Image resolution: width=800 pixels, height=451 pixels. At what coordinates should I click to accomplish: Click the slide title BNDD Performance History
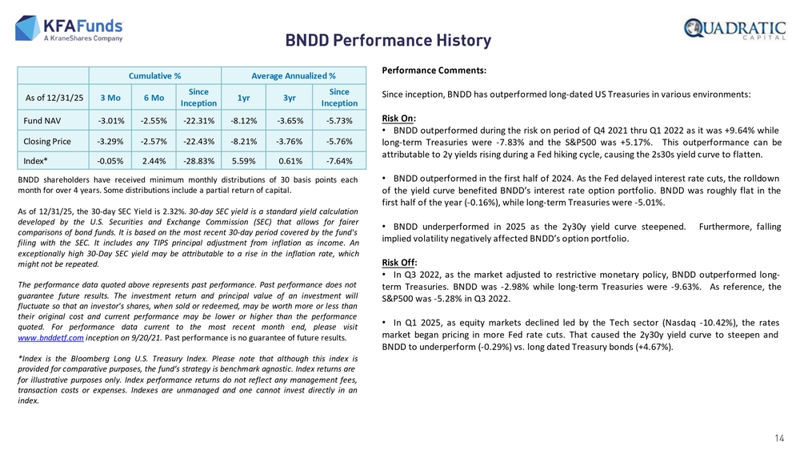[x=389, y=40]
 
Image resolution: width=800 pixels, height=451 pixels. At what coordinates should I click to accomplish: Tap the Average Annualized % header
[x=294, y=75]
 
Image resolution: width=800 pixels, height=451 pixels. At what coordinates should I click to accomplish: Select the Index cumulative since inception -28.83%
[x=198, y=160]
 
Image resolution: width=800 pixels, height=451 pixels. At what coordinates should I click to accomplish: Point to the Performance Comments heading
[x=434, y=70]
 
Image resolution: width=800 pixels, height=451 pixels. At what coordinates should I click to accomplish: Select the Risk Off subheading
[x=398, y=262]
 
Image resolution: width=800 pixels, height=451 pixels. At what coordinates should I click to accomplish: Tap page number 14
[x=779, y=437]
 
